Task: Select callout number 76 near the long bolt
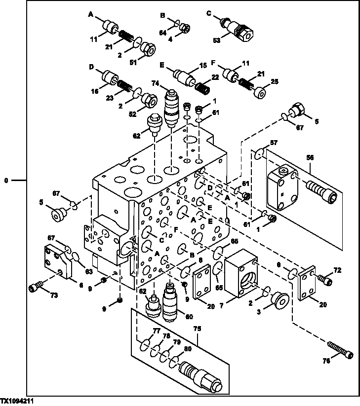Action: (x=325, y=361)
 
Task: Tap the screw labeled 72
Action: (x=326, y=280)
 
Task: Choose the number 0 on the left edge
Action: (x=6, y=181)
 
